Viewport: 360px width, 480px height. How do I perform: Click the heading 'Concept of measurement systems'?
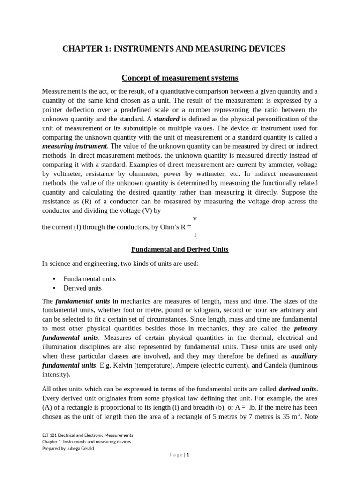point(180,78)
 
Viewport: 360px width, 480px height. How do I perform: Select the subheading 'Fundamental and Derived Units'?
point(180,249)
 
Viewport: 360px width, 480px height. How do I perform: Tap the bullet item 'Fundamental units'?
point(90,279)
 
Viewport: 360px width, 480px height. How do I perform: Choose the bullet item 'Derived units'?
point(82,288)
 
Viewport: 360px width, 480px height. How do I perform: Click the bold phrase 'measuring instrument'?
point(75,146)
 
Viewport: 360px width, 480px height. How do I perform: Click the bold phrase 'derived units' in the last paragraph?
point(297,389)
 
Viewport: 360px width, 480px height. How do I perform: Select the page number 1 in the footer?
point(187,455)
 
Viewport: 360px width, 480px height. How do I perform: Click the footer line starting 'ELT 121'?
point(88,435)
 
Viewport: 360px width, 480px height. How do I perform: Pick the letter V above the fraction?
point(195,219)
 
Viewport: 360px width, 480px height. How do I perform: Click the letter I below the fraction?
point(195,234)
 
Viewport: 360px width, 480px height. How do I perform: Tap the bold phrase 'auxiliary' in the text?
point(304,356)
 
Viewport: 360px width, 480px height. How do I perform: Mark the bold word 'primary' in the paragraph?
point(306,329)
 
